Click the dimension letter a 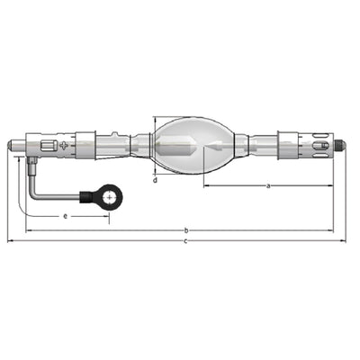[x=268, y=186]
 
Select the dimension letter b [x=186, y=230]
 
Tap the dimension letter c [x=185, y=241]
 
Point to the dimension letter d [x=155, y=180]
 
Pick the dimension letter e [x=66, y=216]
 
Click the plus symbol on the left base [x=64, y=146]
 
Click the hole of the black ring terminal [x=110, y=198]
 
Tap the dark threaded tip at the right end [x=340, y=145]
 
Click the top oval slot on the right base [x=319, y=136]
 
